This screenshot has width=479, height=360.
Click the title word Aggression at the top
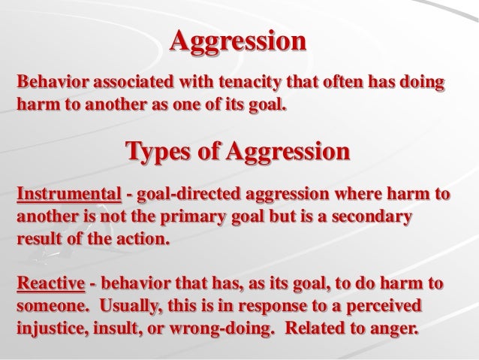pyautogui.click(x=239, y=40)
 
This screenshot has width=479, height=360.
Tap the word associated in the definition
pyautogui.click(x=127, y=81)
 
